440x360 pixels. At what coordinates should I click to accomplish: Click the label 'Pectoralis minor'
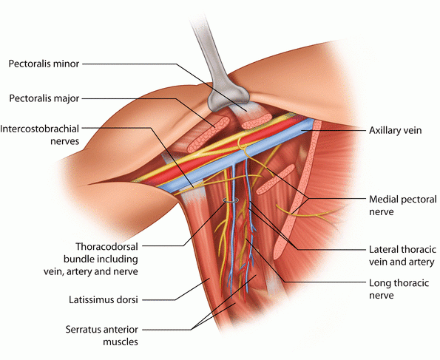tap(44, 64)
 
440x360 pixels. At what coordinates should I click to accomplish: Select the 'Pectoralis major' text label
tap(44, 98)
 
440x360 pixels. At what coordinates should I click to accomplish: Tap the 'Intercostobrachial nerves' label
tap(40, 135)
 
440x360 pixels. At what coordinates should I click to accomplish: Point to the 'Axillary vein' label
tap(395, 131)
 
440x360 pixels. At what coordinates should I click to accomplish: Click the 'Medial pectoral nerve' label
tap(403, 206)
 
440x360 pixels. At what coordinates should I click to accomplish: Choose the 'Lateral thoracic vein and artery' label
tap(403, 256)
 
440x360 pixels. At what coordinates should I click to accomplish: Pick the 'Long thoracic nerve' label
tap(399, 289)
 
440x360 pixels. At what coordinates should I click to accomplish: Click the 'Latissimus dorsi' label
tap(104, 299)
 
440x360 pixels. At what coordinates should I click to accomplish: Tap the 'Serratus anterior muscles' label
tap(102, 336)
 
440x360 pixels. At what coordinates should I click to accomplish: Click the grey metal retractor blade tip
tap(229, 97)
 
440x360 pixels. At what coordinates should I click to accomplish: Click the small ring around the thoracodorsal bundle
tap(231, 200)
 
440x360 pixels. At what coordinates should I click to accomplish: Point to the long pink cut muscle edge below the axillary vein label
tap(297, 191)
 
